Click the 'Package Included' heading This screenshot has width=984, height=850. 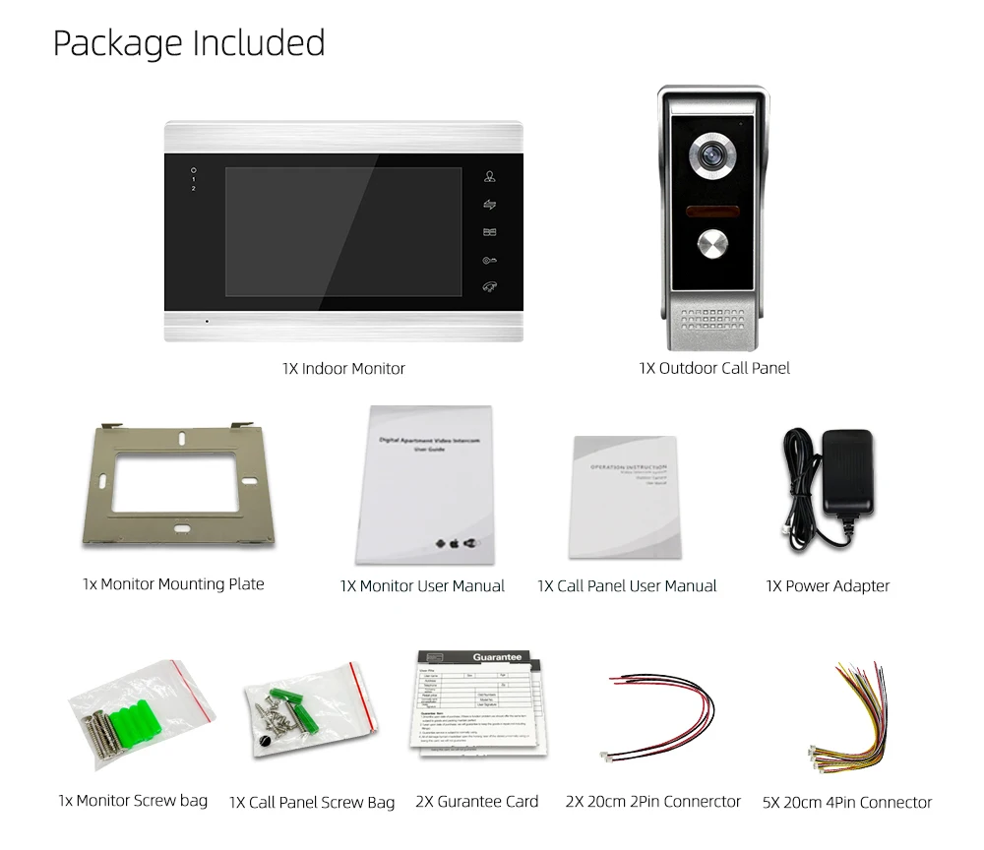coord(188,43)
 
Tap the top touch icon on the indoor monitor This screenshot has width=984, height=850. coord(489,178)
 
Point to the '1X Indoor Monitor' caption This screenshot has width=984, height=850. coord(343,369)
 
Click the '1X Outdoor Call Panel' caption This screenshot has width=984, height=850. coord(713,368)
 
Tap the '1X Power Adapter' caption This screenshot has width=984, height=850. coord(827,586)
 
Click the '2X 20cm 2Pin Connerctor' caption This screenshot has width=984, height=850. coord(652,802)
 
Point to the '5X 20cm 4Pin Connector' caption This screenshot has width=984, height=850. coord(846,803)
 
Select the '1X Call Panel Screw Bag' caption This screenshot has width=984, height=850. coord(312,803)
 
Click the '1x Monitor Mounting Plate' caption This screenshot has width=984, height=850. coord(173,584)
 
